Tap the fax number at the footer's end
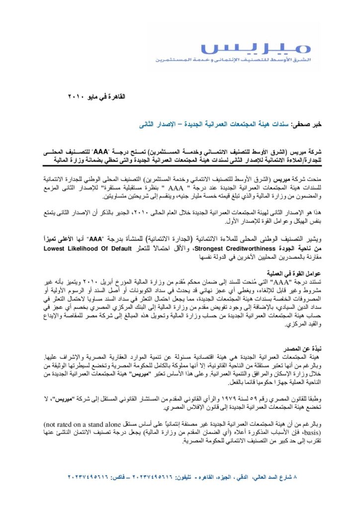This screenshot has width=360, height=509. [x=85, y=477]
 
